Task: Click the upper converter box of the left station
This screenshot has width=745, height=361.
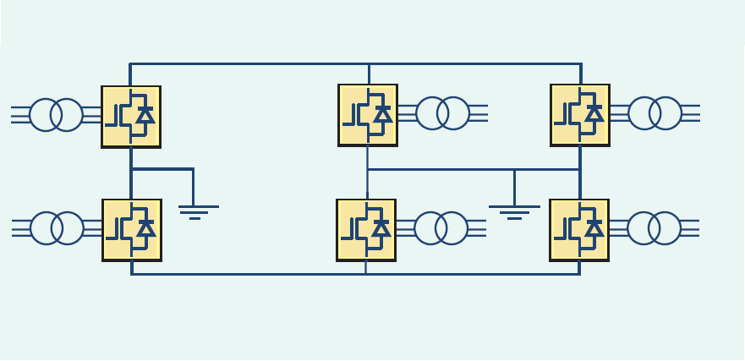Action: click(x=131, y=117)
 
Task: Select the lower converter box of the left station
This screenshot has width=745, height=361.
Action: click(x=132, y=229)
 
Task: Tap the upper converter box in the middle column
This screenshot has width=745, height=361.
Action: click(x=368, y=115)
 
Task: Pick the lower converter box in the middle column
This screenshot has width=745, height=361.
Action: click(x=366, y=229)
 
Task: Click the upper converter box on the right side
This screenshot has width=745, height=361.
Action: click(x=580, y=115)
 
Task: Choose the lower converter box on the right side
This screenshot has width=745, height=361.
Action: click(x=579, y=229)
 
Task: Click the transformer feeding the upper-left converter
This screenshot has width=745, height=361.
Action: click(x=56, y=115)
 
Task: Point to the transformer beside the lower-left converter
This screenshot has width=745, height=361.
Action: click(x=57, y=228)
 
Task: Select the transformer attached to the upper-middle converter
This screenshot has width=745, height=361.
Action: click(x=442, y=113)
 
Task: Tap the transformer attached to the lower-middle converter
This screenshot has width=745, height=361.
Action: click(x=441, y=228)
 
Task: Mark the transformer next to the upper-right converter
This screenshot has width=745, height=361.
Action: click(x=655, y=113)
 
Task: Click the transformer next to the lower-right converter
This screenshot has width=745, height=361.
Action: click(x=654, y=228)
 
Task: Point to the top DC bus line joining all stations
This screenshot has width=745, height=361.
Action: click(x=254, y=63)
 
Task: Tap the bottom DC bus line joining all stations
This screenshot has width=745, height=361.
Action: click(x=254, y=274)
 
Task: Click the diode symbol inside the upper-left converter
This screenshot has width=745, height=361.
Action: click(x=145, y=115)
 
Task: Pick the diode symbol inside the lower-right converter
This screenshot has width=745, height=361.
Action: click(x=594, y=228)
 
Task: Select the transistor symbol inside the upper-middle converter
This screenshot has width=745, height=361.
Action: click(x=359, y=115)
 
